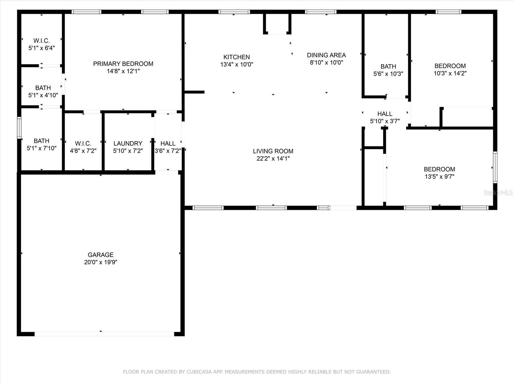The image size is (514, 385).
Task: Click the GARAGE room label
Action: [x=101, y=254]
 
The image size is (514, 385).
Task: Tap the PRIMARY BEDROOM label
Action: [x=123, y=64]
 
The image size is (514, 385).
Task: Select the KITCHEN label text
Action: [x=236, y=57]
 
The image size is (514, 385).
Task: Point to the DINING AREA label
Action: [x=326, y=55]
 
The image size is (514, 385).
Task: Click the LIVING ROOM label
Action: [x=273, y=151]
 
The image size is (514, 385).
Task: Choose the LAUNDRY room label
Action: [x=128, y=143]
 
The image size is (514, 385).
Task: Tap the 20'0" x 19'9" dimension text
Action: [x=101, y=262]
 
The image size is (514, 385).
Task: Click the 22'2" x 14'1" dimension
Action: [x=273, y=158]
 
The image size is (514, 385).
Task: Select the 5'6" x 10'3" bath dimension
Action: [x=388, y=74]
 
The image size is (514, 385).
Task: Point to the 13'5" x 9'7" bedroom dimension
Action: [x=439, y=176]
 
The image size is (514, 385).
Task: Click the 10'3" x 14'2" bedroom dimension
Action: [x=450, y=73]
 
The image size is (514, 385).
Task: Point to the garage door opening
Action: [x=104, y=334]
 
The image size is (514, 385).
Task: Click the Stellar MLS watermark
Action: [x=498, y=193]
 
